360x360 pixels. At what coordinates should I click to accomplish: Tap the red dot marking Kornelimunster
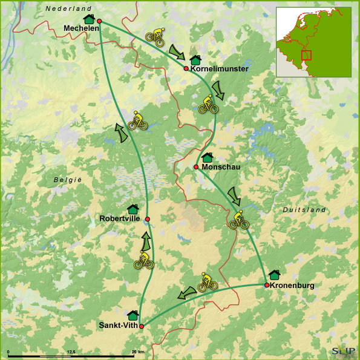(186, 68)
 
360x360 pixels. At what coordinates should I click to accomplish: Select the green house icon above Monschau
(208, 157)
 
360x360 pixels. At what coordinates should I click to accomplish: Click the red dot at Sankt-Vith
(142, 326)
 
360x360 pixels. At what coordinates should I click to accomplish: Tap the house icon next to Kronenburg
(274, 275)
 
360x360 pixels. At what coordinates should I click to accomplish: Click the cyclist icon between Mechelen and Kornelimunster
(155, 38)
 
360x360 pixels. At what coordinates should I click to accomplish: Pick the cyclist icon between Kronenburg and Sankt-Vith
(208, 283)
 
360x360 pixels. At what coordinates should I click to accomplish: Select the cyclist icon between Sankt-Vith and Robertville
(143, 261)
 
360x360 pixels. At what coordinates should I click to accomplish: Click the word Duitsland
(304, 209)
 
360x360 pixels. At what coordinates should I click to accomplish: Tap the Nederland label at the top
(68, 8)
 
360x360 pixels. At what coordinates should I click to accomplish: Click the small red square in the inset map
(307, 55)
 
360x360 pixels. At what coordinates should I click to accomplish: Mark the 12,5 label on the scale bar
(71, 352)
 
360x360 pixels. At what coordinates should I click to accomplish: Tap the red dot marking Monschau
(196, 167)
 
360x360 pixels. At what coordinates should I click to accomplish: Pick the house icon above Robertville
(133, 209)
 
